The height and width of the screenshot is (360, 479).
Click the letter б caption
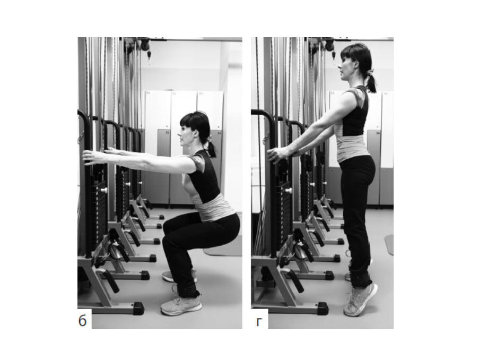[82, 320]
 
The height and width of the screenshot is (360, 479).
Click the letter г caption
[259, 322]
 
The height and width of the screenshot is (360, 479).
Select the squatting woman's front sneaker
[181, 305]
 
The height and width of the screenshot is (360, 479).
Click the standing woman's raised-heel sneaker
[360, 300]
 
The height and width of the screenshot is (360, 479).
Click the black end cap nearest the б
[138, 308]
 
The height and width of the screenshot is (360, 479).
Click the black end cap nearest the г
[323, 308]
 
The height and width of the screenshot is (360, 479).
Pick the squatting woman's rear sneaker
[179, 276]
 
